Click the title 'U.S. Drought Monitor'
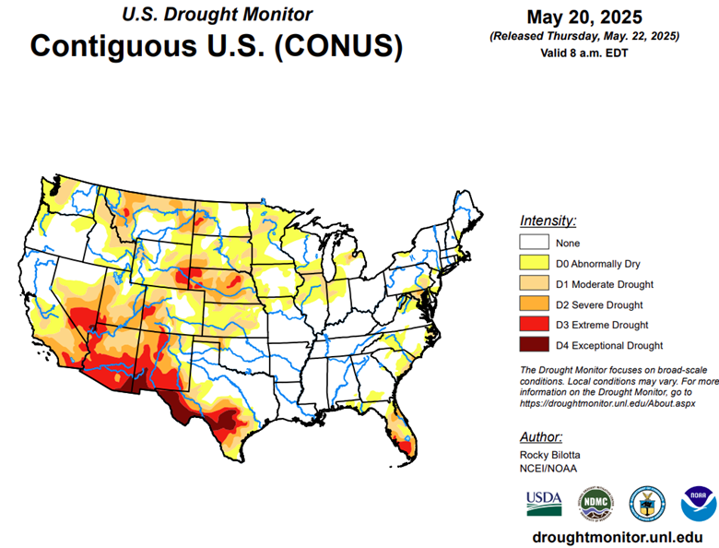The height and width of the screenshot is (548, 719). [x=217, y=15]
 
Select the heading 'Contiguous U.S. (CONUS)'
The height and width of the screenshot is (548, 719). [x=217, y=46]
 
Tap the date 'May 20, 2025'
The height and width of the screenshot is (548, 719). [x=584, y=17]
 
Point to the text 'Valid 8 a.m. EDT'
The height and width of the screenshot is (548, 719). [x=584, y=53]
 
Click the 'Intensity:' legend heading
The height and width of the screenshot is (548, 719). [x=548, y=220]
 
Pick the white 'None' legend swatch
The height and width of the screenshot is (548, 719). [x=534, y=243]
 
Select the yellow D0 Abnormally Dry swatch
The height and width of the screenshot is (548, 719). [x=534, y=264]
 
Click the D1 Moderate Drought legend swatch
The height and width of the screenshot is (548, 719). [x=534, y=284]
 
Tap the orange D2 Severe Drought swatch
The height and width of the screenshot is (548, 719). [x=534, y=304]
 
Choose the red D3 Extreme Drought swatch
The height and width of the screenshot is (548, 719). [x=534, y=325]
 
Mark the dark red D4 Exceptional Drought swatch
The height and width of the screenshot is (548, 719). [x=534, y=346]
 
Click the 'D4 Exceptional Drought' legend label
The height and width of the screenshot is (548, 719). [x=608, y=346]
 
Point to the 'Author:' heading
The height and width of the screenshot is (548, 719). [x=541, y=436]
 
